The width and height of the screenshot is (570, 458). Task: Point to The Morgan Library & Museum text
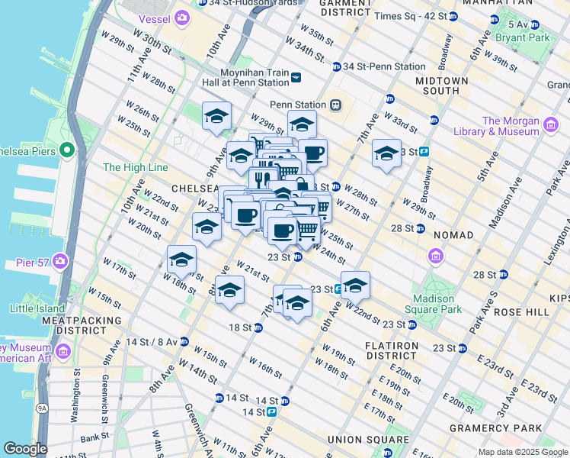(511, 126)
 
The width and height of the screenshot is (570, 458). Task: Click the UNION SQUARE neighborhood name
(368, 439)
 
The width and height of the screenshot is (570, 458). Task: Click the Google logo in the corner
(25, 449)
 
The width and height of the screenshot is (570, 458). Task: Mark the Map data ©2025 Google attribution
(523, 452)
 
